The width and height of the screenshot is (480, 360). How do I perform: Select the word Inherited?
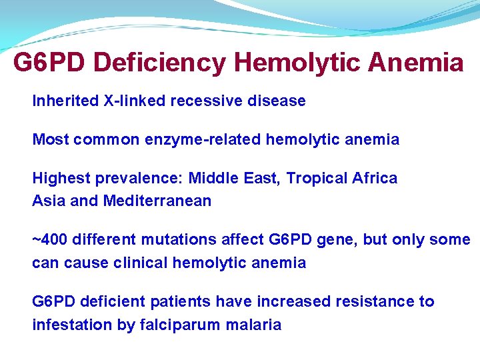pyautogui.click(x=65, y=101)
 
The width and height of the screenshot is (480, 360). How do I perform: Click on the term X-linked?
pyautogui.click(x=135, y=101)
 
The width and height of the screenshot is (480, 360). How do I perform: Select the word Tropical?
pyautogui.click(x=317, y=179)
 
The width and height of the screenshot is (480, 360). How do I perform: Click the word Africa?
pyautogui.click(x=375, y=179)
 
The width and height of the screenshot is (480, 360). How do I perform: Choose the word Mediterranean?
pyautogui.click(x=157, y=201)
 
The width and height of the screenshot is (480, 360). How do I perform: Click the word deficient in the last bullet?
pyautogui.click(x=111, y=301)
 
